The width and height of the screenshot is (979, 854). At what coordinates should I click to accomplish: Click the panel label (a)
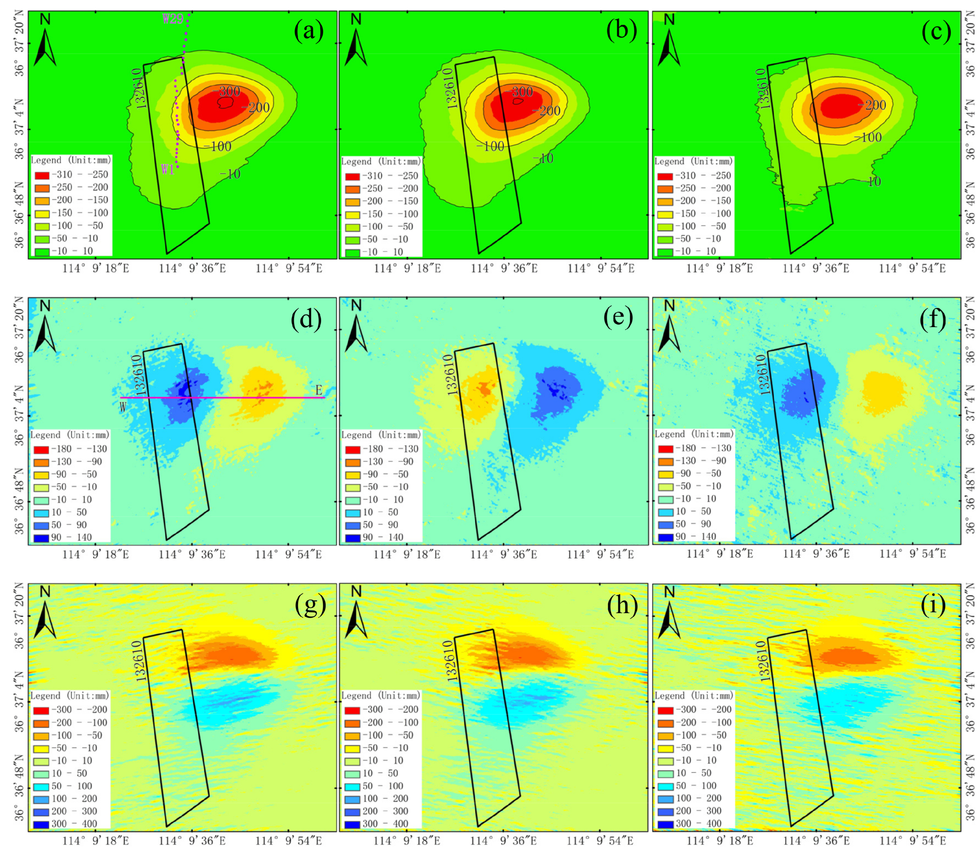pos(309,32)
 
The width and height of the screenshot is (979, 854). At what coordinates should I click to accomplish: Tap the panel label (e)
pos(618,317)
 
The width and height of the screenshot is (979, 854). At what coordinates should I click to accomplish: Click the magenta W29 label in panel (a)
pos(172,19)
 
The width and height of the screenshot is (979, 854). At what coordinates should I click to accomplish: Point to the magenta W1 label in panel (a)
pos(168,169)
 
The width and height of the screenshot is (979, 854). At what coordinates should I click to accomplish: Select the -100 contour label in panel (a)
pos(220,146)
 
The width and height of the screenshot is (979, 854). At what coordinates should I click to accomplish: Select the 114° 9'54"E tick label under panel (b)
pos(601,269)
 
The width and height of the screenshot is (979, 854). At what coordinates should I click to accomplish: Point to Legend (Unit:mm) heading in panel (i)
pos(694,696)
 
